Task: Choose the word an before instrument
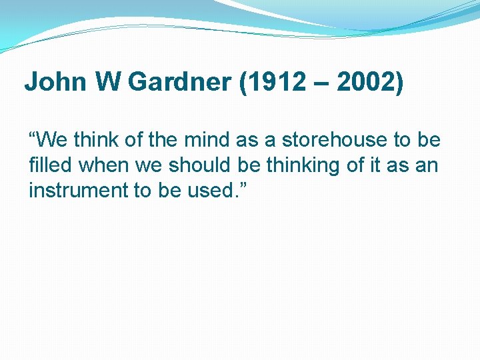click(x=427, y=165)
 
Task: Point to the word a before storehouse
click(x=269, y=141)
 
